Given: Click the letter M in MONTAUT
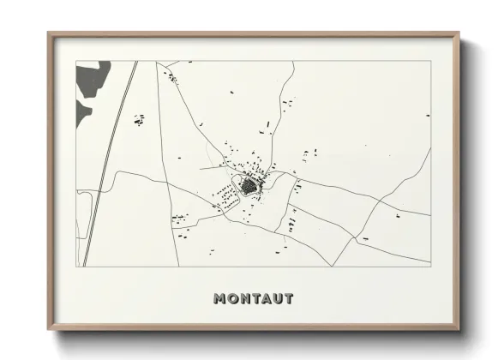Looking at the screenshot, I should (220, 299).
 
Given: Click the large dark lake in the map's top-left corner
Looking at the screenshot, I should (93, 79).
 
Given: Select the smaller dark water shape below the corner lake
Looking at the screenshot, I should (82, 112).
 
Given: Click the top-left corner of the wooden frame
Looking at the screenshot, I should (49, 34).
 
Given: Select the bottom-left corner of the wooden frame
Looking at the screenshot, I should (49, 329).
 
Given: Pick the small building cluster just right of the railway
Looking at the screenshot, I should (139, 121).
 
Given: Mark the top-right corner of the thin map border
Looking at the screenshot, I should (430, 61).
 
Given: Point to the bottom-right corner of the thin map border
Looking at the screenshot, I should (430, 267).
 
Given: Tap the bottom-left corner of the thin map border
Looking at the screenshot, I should (76, 267).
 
